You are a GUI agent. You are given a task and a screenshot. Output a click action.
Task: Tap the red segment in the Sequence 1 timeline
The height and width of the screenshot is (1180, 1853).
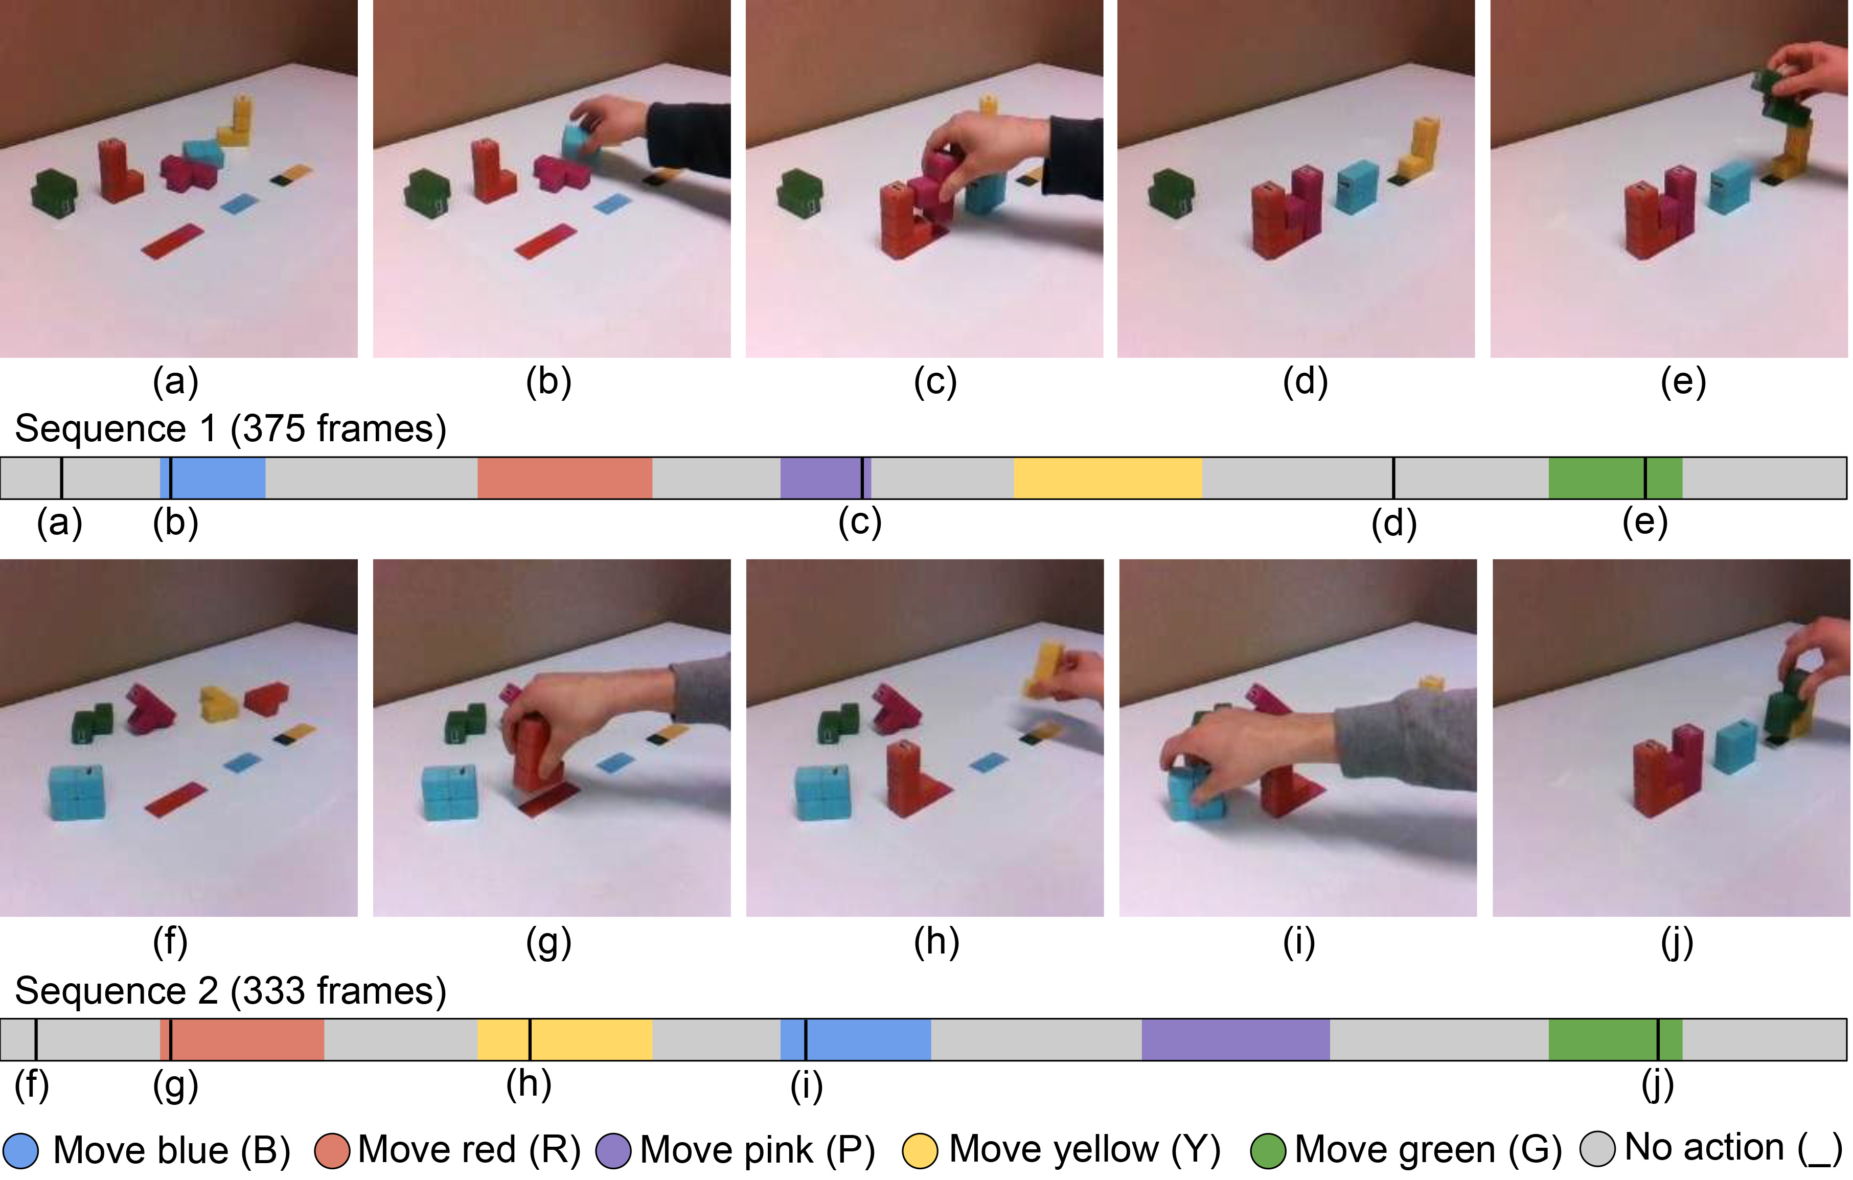[565, 478]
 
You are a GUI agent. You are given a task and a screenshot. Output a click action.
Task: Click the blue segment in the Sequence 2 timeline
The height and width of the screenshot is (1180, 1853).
[856, 1040]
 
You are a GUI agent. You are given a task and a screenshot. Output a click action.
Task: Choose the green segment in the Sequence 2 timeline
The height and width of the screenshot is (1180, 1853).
[1615, 1040]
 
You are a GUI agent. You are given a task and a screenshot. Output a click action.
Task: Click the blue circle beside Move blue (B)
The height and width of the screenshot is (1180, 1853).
[21, 1151]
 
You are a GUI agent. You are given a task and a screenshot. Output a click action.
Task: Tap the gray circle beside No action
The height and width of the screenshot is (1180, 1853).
[1597, 1149]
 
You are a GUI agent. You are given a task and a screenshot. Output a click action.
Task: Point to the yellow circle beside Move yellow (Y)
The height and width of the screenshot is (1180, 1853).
[920, 1151]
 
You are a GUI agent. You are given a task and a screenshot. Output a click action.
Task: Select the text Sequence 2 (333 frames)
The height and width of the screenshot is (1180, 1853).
[230, 991]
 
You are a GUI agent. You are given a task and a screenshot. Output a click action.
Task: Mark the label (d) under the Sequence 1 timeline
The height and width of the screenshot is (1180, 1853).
[1393, 524]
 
